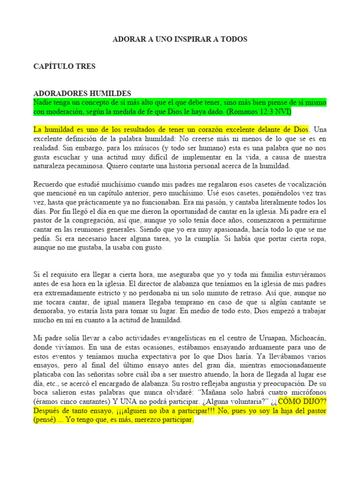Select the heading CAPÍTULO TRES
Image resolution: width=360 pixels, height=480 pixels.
point(64,66)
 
